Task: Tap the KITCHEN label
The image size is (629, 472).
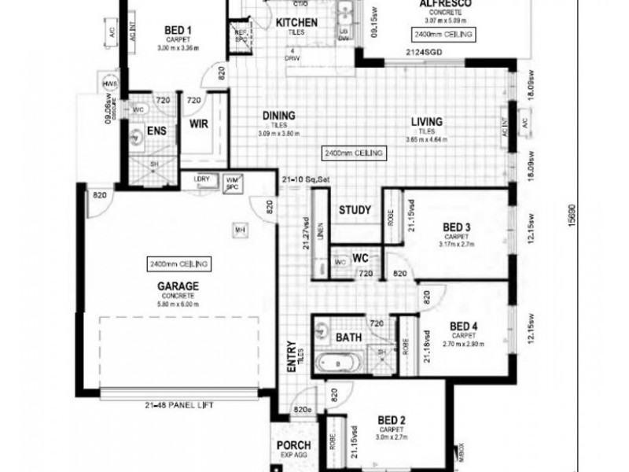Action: pos(296,23)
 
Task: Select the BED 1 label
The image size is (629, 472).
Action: pos(179,31)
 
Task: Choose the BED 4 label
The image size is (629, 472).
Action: pos(463,326)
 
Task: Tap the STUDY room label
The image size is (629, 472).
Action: pos(355,210)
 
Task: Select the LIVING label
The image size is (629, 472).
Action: pos(427,122)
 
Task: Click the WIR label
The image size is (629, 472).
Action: pos(199,124)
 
